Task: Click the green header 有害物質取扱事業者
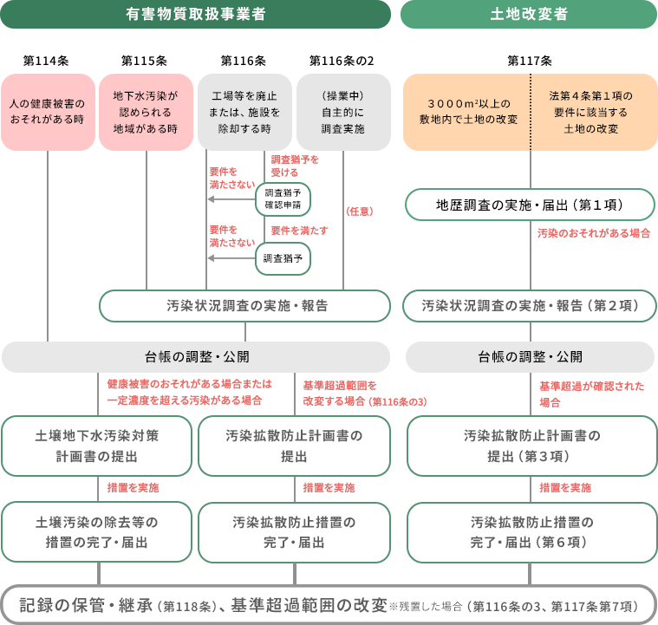coord(195,14)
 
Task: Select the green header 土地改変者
coord(528,14)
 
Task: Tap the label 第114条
coord(46,61)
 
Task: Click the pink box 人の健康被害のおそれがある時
coord(47,112)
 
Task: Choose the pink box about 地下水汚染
coord(146,112)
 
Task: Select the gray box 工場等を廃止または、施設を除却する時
coord(244,112)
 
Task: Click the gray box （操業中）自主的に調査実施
coord(342,112)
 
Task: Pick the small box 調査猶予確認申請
coord(283,199)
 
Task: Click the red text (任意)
coord(359,211)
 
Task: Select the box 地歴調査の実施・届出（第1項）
coord(530,205)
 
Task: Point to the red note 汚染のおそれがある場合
coord(594,234)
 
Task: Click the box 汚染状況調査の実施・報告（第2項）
coord(530,306)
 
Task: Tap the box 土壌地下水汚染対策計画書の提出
coord(96,446)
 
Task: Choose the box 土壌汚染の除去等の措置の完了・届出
coord(96,532)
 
